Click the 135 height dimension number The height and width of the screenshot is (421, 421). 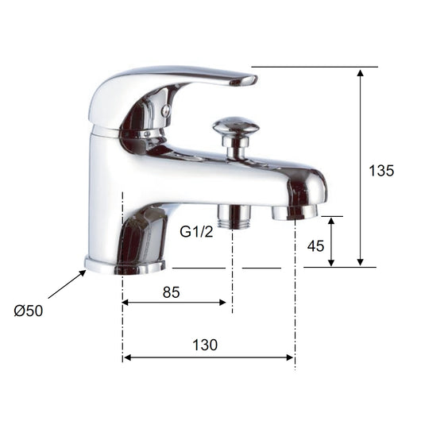click(x=381, y=171)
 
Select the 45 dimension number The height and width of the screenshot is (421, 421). click(x=315, y=245)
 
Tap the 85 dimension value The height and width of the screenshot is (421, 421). click(x=171, y=292)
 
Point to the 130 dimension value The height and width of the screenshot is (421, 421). click(x=204, y=345)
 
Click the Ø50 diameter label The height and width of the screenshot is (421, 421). click(x=29, y=311)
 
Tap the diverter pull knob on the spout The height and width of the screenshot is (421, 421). click(x=235, y=128)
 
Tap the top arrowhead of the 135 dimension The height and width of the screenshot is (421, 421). click(x=361, y=72)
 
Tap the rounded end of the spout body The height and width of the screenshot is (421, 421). click(x=318, y=187)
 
